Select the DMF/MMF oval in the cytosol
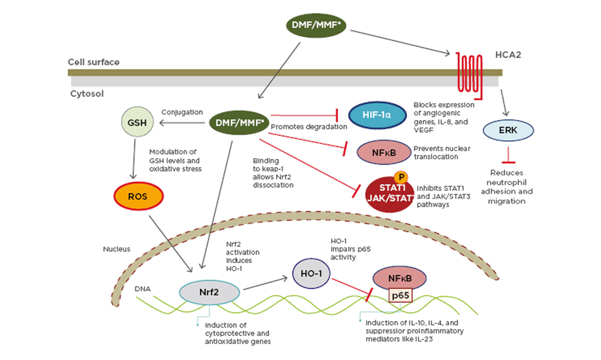(x=238, y=123)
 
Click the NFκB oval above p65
(x=400, y=278)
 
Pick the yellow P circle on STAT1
(x=401, y=177)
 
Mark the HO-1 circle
(x=311, y=273)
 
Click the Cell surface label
(x=94, y=62)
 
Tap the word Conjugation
(x=182, y=112)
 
